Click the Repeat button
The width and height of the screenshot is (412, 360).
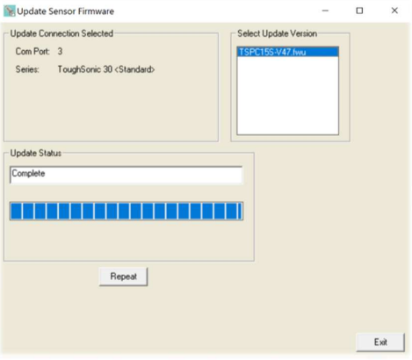(123, 277)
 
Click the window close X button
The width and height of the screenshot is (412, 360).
(394, 11)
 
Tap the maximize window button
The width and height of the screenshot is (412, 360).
(359, 11)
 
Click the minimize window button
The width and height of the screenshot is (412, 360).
(325, 11)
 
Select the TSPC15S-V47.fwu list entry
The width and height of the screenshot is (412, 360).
(287, 52)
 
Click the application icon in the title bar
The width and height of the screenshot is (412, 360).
(10, 11)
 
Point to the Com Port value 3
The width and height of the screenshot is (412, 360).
(60, 52)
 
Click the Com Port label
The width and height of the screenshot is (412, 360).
(33, 52)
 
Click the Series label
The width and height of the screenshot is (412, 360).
(27, 69)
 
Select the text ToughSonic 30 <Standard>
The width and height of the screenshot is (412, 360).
(106, 69)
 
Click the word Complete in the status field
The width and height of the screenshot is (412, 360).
(28, 173)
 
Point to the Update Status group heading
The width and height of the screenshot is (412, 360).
(36, 153)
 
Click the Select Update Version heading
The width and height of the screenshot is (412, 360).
(277, 33)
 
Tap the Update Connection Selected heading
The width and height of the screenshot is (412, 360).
(61, 33)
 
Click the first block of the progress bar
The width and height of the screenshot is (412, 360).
(17, 211)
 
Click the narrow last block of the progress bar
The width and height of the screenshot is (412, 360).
(241, 211)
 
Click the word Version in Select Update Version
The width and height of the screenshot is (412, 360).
(304, 33)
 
